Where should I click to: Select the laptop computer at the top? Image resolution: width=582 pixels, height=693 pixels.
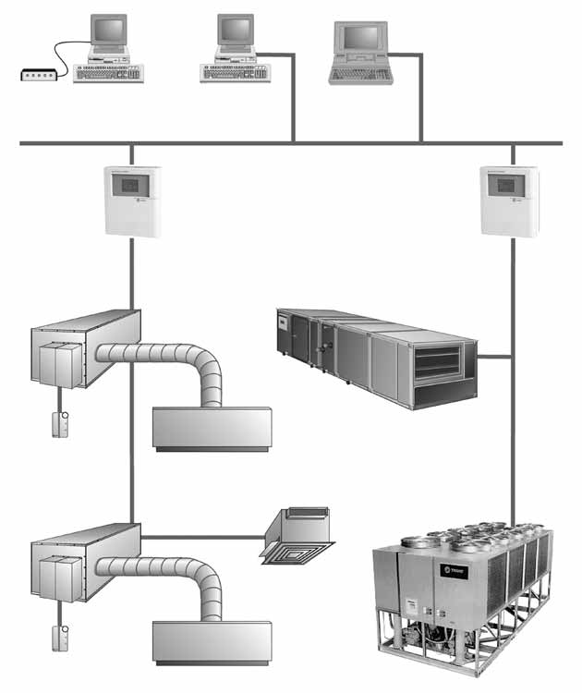(362, 54)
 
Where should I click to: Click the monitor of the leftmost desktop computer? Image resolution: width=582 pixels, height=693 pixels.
(109, 31)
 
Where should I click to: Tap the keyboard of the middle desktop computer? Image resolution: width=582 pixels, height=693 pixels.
(235, 72)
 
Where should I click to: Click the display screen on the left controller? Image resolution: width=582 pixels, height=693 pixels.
(127, 185)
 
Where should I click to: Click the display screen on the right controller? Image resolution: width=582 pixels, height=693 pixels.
(504, 185)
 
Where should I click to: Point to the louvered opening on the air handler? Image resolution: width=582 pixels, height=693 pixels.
(436, 362)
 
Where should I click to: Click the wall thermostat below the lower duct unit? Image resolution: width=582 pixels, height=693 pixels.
(61, 638)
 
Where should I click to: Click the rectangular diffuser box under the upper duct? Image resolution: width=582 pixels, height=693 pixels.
(212, 429)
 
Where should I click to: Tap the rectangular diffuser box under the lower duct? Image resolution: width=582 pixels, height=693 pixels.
(212, 642)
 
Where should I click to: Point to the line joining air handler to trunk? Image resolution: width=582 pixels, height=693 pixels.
(494, 356)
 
